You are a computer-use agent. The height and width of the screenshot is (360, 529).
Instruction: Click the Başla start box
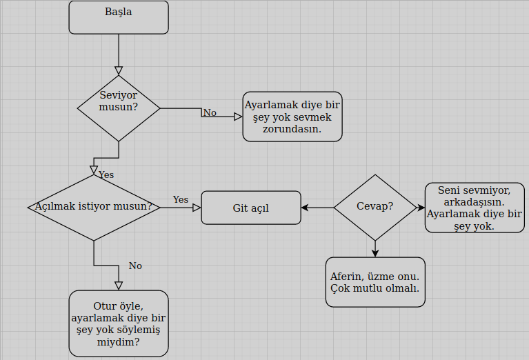(119, 17)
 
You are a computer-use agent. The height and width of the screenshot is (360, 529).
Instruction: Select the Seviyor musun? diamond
(119, 108)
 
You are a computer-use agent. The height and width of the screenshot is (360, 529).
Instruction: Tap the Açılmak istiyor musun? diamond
(94, 207)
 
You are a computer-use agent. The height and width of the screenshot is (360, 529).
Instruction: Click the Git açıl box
(251, 208)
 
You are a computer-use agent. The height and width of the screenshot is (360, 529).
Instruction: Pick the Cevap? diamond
(375, 207)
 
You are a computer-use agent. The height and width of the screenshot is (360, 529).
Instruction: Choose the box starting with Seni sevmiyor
(475, 208)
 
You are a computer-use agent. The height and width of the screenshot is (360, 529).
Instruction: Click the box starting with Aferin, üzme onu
(375, 282)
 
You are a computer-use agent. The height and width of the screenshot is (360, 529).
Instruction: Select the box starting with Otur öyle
(119, 323)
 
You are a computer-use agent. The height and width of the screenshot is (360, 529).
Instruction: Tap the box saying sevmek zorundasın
(292, 117)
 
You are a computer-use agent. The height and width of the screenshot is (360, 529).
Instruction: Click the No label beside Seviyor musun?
(210, 112)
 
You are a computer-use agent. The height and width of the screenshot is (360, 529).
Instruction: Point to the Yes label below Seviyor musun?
(106, 174)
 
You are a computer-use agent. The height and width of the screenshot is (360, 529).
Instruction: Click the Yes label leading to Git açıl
(181, 199)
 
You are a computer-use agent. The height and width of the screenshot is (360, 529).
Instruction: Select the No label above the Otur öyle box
(135, 266)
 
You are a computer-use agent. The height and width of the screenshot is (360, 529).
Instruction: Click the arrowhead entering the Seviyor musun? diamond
(119, 70)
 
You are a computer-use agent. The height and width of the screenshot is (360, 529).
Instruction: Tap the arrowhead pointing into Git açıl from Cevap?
(306, 208)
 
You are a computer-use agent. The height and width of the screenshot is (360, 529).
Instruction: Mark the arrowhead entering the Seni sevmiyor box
(421, 208)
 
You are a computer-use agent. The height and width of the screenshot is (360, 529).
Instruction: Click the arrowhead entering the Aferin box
(375, 253)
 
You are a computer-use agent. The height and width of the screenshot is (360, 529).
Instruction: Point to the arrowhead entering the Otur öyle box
(119, 286)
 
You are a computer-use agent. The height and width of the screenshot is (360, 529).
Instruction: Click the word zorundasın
(292, 129)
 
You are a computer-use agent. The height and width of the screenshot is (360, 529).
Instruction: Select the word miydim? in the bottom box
(119, 342)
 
